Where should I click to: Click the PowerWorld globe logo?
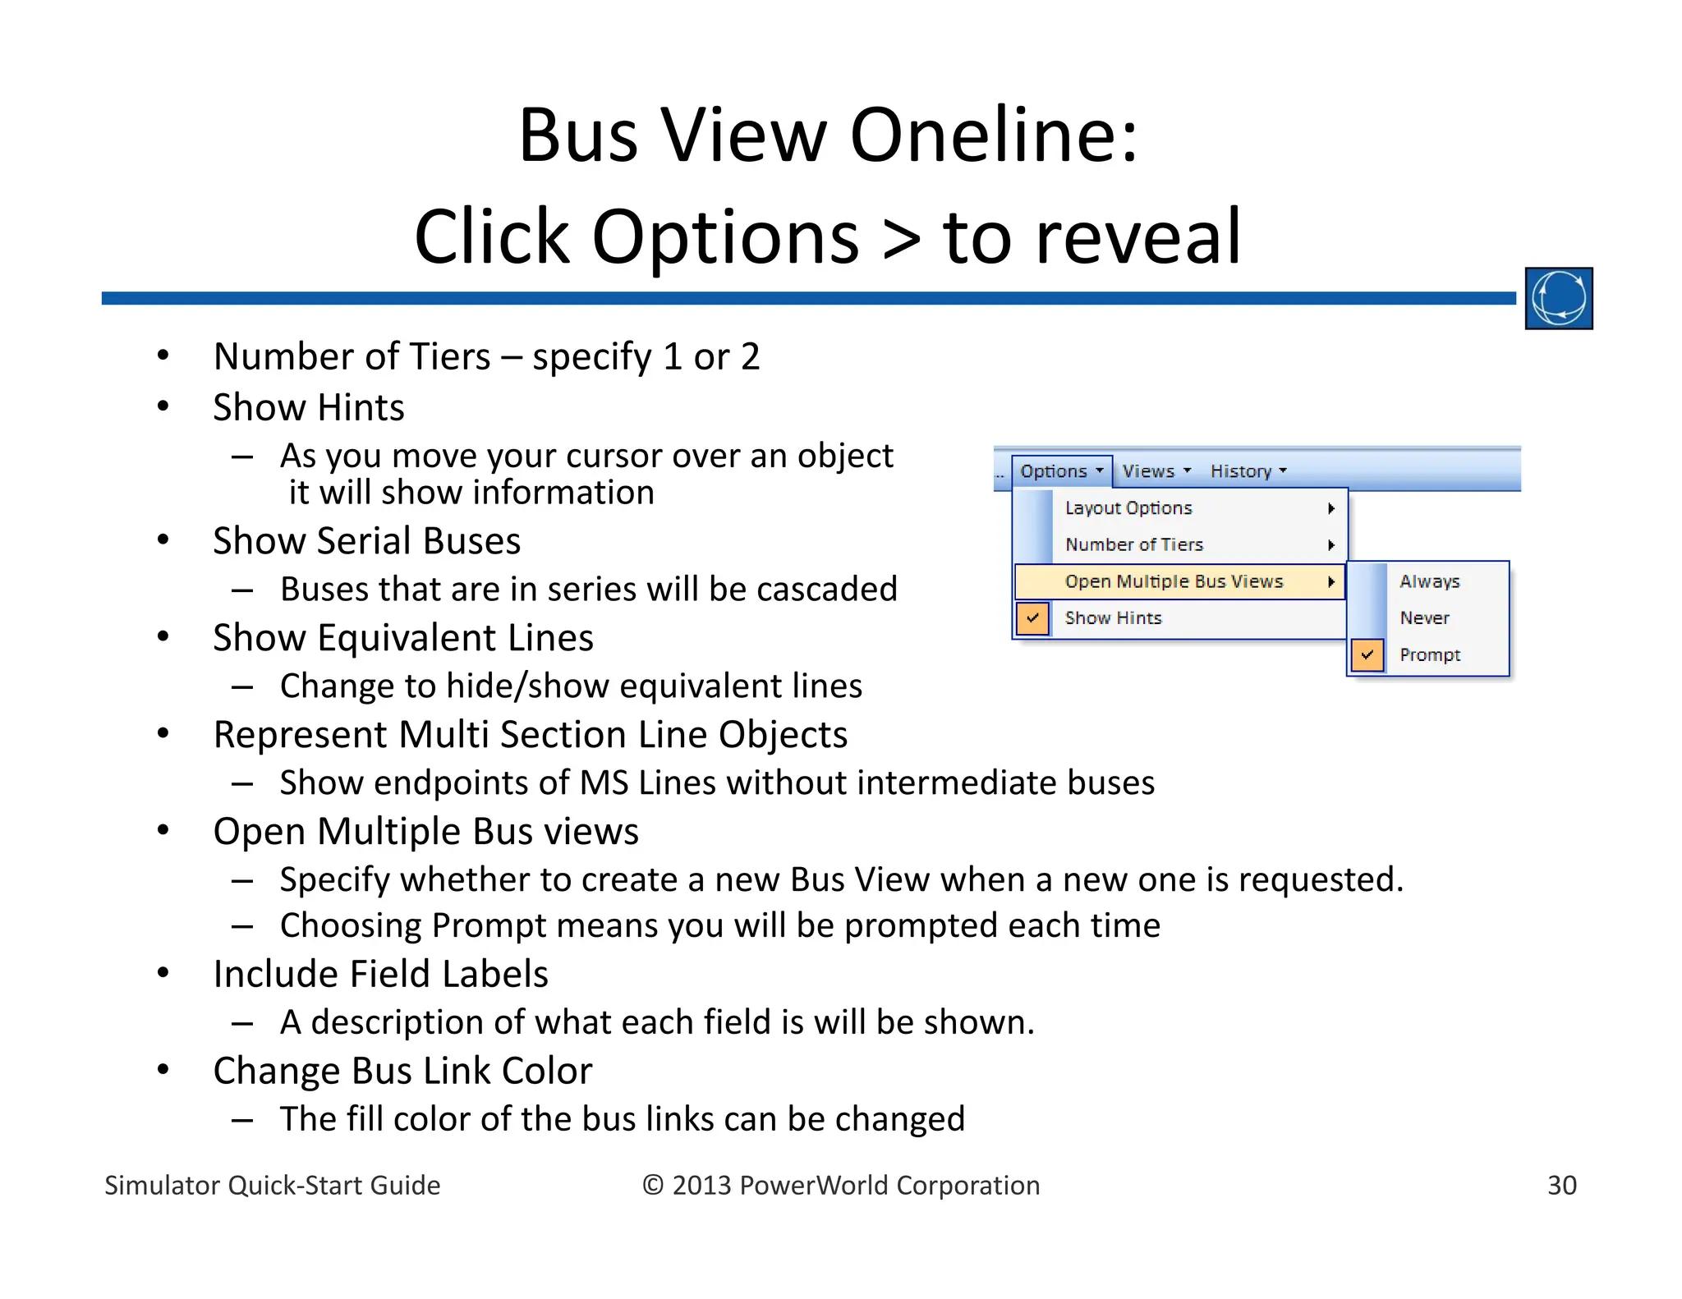[1558, 298]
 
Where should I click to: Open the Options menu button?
[1060, 471]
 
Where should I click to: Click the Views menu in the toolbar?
[1156, 471]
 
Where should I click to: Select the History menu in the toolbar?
[1248, 471]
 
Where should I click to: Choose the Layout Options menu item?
[1128, 508]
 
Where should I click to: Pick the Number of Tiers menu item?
[1133, 544]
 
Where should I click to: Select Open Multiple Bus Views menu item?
[1174, 581]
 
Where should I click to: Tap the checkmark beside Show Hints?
[1032, 618]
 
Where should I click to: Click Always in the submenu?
[1429, 581]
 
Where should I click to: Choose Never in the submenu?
[1424, 618]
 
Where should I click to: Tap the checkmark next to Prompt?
[1367, 655]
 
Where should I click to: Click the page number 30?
[1561, 1185]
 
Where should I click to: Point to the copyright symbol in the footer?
[653, 1185]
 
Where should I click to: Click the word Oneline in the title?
[994, 135]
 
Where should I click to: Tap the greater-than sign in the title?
[901, 238]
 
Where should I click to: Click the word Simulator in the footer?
[162, 1185]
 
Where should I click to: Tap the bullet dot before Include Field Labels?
[163, 973]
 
